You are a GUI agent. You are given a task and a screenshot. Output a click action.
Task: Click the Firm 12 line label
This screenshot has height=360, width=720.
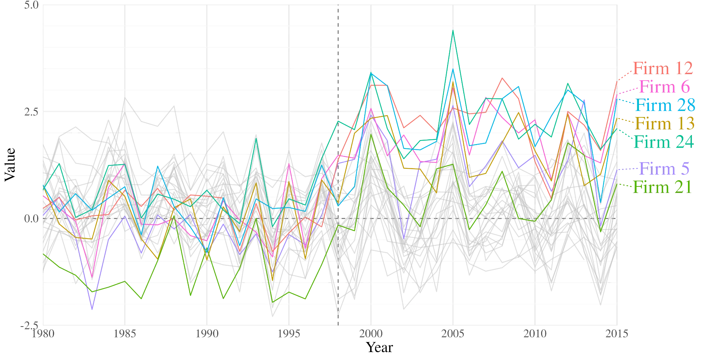(x=663, y=68)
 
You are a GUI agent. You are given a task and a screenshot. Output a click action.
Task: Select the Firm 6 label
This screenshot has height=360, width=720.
(x=665, y=87)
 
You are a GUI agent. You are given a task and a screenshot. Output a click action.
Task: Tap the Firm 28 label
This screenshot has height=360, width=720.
(x=665, y=105)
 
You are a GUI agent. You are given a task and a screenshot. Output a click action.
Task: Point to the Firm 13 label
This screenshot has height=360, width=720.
(x=665, y=123)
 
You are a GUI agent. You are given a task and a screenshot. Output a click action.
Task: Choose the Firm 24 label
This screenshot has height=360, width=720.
(x=663, y=142)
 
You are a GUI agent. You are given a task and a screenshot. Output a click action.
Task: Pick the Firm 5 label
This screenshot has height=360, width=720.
(x=664, y=168)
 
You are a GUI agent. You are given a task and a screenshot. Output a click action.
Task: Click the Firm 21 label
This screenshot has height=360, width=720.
(x=662, y=187)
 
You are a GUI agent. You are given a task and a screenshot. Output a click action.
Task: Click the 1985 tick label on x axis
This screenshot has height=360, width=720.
(x=125, y=334)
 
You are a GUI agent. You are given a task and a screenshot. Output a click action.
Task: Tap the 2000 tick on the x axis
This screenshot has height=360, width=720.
(x=371, y=334)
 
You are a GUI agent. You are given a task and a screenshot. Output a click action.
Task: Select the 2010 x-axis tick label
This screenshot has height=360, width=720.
(x=535, y=334)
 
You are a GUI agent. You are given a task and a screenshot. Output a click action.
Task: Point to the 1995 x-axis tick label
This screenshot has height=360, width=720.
(x=289, y=334)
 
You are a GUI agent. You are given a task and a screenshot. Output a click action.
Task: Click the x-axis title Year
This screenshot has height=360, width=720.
(x=379, y=347)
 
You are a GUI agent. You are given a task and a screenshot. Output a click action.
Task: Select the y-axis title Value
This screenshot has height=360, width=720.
(x=10, y=165)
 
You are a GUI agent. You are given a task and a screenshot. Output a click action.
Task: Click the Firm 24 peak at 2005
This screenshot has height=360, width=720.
(x=453, y=30)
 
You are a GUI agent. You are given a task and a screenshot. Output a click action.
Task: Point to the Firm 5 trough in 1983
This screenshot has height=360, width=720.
(x=92, y=309)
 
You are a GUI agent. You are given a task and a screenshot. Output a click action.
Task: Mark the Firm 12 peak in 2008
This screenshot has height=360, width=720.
(x=502, y=78)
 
